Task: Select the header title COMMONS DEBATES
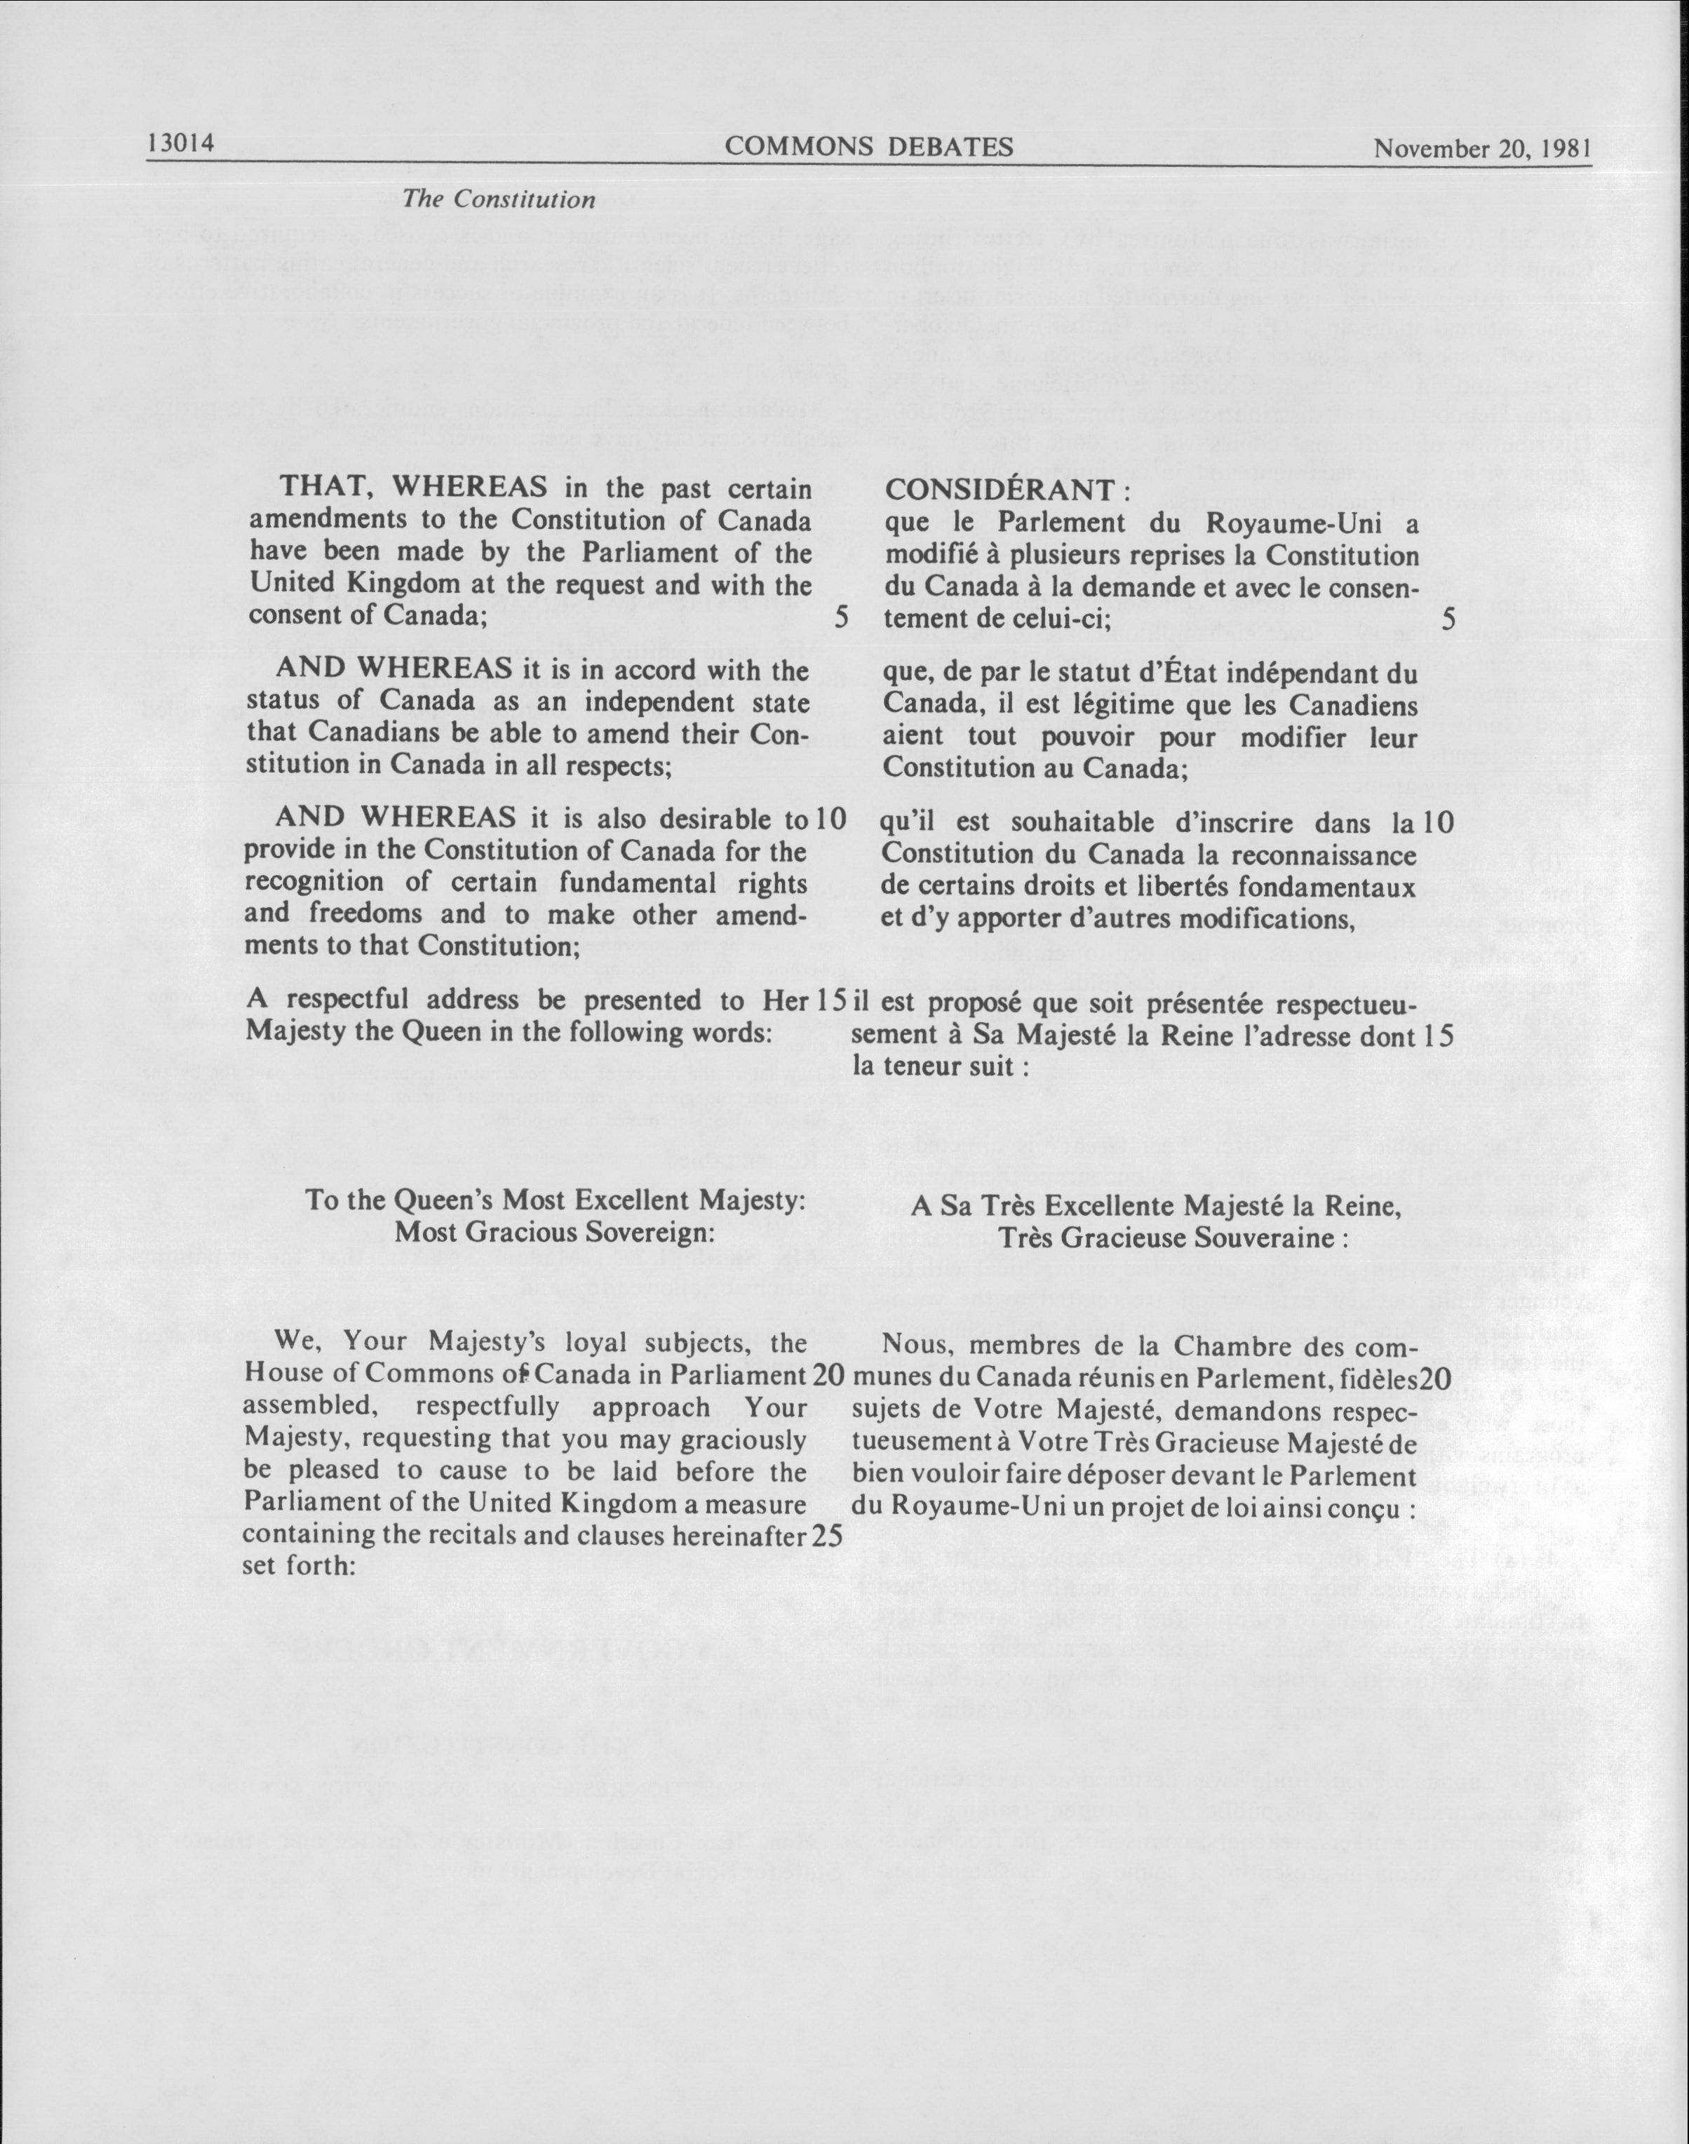(x=869, y=147)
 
